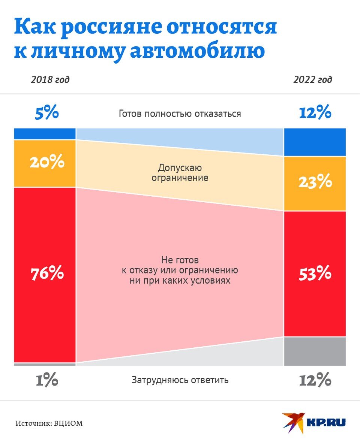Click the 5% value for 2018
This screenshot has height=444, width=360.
(x=47, y=112)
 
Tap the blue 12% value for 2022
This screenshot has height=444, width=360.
(x=315, y=112)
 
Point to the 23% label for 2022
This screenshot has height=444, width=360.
(x=315, y=182)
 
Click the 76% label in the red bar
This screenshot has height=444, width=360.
(x=47, y=274)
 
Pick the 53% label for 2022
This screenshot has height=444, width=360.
(x=315, y=274)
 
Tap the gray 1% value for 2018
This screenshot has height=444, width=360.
(x=47, y=381)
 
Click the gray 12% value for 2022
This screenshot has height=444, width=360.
(x=315, y=381)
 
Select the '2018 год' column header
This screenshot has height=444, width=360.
(x=50, y=80)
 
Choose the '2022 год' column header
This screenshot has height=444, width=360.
(x=313, y=80)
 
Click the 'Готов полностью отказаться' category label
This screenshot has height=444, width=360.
(x=180, y=114)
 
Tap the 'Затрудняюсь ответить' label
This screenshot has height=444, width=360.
(x=180, y=380)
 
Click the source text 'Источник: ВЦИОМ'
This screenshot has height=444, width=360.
(x=49, y=423)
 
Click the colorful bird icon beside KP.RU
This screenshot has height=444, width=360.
(x=293, y=422)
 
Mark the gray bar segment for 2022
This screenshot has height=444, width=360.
(x=315, y=351)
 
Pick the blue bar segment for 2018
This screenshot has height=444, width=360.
(x=45, y=134)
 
